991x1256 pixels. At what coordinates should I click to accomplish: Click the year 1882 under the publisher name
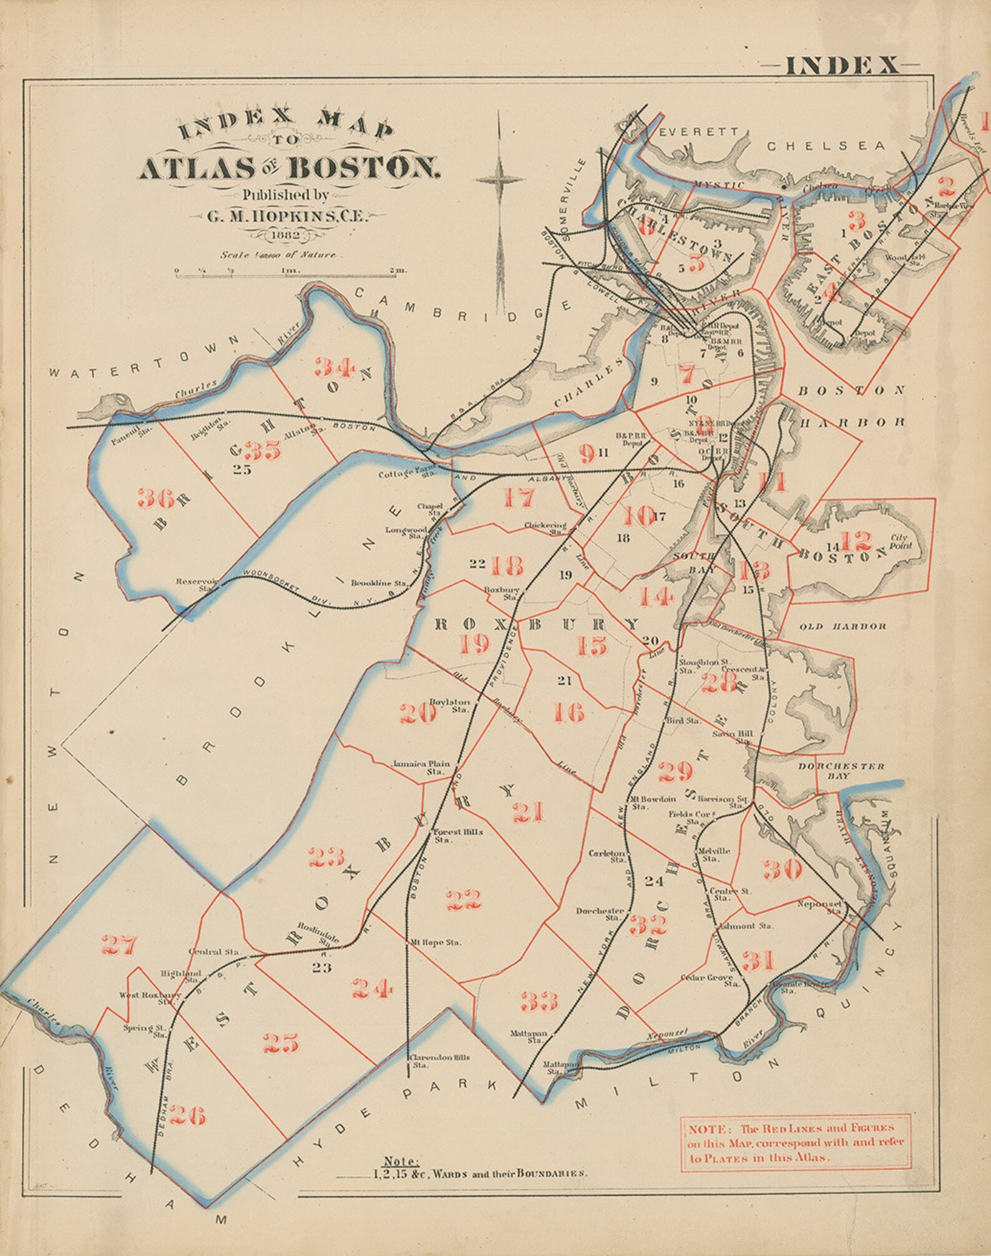tap(285, 235)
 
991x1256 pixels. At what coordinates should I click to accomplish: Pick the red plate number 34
tap(334, 366)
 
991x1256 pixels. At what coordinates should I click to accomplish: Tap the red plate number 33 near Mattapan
tap(539, 1001)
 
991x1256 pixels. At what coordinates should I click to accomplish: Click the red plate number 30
tap(782, 868)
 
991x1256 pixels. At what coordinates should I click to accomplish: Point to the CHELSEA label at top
tap(826, 146)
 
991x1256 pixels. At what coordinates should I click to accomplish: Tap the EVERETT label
tap(699, 132)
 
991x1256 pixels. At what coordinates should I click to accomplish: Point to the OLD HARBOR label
tap(842, 626)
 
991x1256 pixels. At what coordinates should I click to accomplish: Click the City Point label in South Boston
tap(901, 541)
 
